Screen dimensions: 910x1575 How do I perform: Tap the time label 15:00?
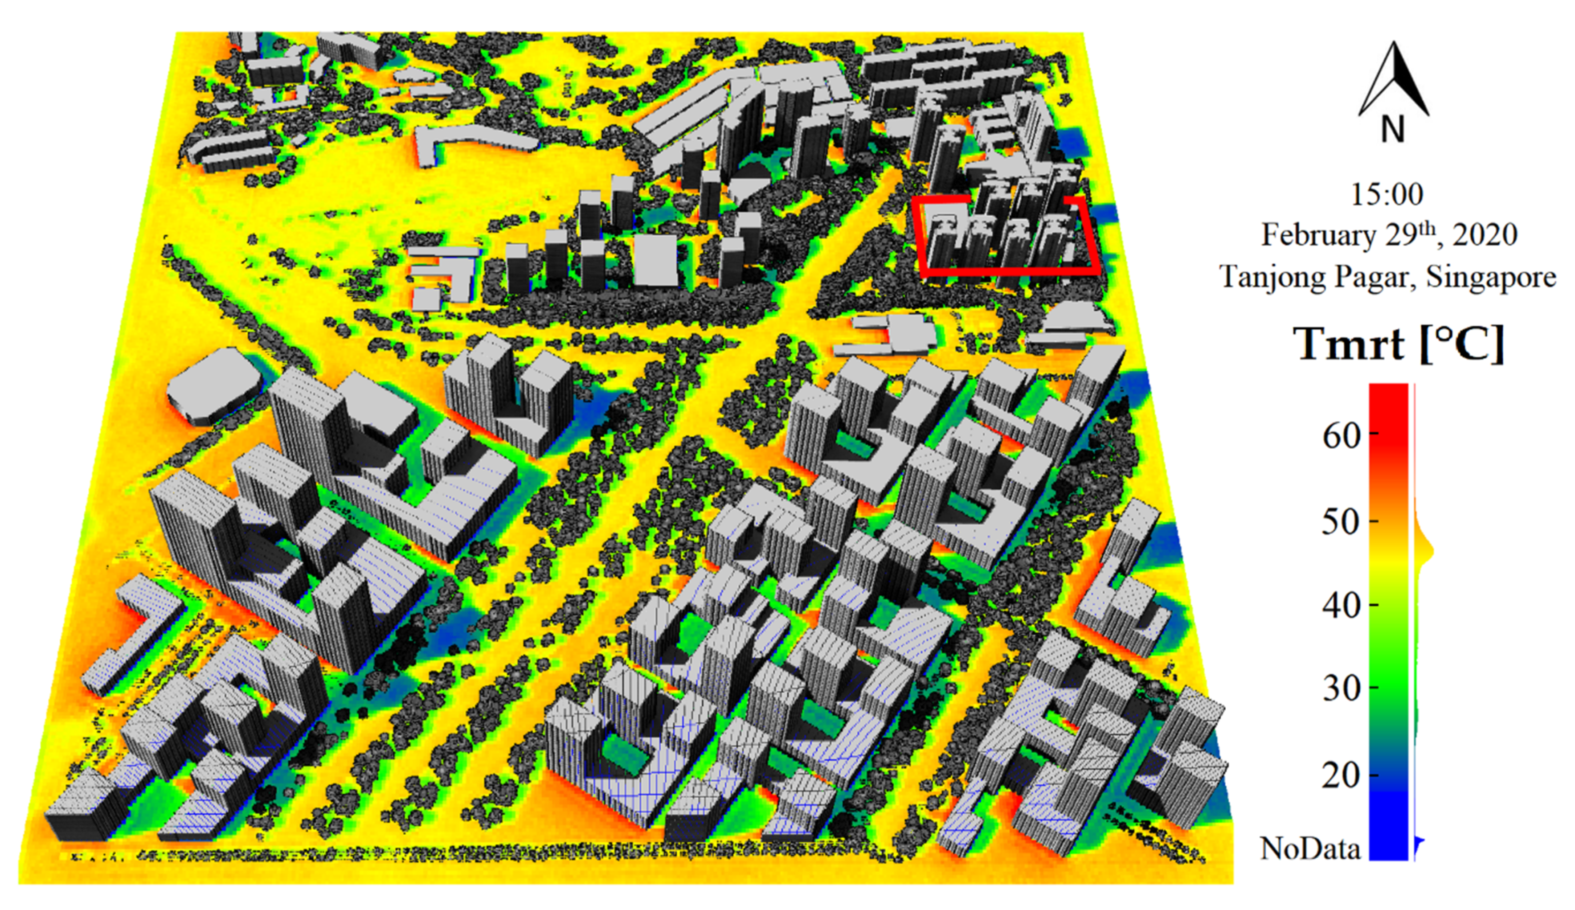(x=1387, y=194)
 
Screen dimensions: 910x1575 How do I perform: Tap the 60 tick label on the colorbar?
(x=1342, y=436)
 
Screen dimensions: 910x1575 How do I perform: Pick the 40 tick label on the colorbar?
(x=1342, y=606)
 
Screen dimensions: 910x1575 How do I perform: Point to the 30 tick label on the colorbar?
(x=1342, y=689)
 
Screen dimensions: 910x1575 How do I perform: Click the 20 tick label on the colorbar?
(x=1342, y=775)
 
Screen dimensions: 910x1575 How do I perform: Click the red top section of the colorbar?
(x=1388, y=413)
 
